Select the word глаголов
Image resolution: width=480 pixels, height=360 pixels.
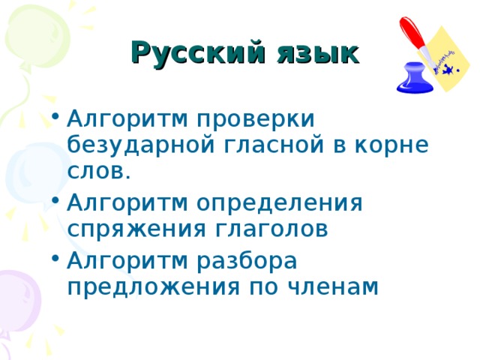[x=280, y=229]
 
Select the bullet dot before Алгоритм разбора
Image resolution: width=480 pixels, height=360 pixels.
[x=55, y=262]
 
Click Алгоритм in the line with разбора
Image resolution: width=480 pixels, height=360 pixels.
[x=127, y=260]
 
